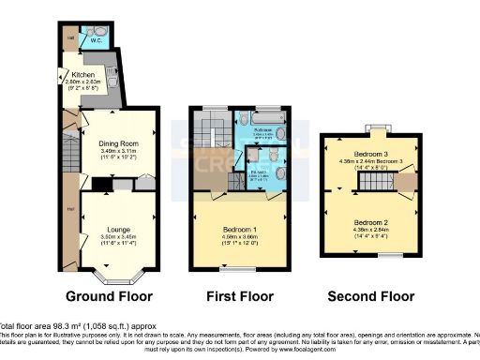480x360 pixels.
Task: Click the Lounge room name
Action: click(117, 229)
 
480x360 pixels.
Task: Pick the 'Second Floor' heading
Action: click(370, 297)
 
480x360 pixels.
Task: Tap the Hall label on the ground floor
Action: click(70, 208)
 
